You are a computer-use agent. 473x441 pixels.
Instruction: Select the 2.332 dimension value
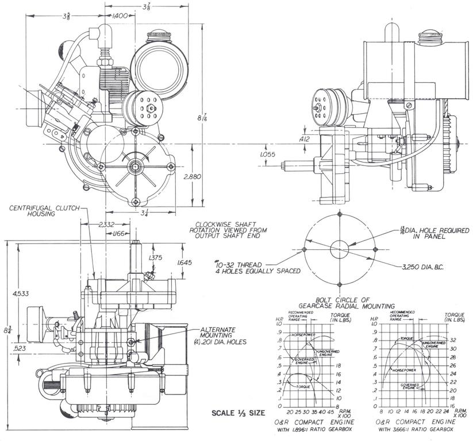tap(106, 226)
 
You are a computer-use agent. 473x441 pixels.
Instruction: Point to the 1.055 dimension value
tap(268, 154)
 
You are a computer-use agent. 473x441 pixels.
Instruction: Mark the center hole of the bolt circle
tap(340, 249)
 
